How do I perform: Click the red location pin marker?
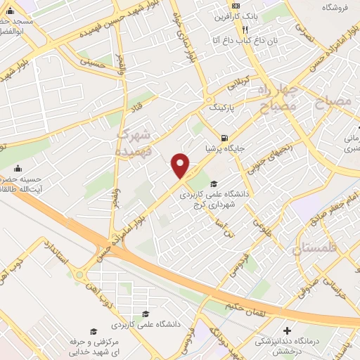pyautogui.click(x=181, y=165)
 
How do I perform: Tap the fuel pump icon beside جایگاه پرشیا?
pyautogui.click(x=224, y=138)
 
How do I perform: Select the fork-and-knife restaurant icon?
pyautogui.click(x=245, y=30)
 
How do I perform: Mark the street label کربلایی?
pyautogui.click(x=238, y=87)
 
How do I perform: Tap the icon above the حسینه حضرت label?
pyautogui.click(x=18, y=168)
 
